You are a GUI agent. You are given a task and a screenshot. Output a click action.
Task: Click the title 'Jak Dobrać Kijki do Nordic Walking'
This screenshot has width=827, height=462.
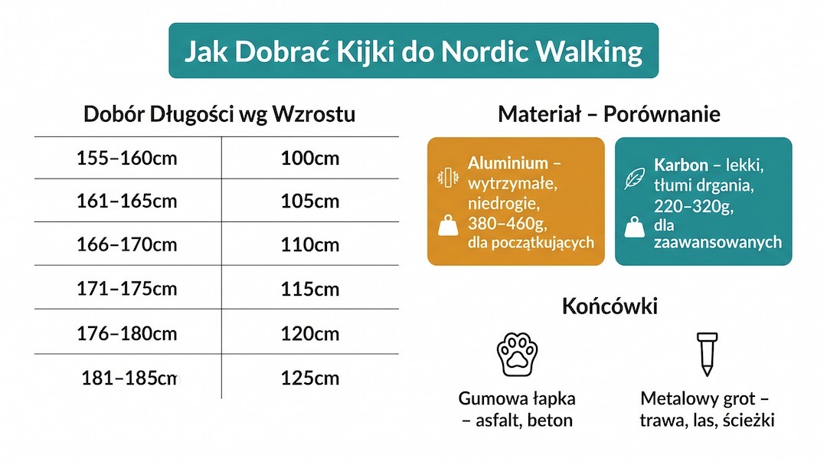[x=413, y=51]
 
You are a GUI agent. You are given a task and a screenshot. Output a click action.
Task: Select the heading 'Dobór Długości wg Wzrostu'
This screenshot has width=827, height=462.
[x=219, y=115]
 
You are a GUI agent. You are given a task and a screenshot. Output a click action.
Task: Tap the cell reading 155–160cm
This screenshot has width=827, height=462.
[x=127, y=159]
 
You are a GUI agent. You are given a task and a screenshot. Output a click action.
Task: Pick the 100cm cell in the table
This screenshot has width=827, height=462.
[x=310, y=159]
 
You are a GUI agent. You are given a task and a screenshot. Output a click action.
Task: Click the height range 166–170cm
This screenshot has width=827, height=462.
[x=127, y=245]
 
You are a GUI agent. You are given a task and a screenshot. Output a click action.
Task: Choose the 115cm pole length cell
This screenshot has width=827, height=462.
[x=310, y=290]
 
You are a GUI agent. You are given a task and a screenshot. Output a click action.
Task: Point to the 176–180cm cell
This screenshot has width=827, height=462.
[x=127, y=334]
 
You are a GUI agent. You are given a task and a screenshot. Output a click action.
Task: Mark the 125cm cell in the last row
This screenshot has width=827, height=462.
[x=310, y=378]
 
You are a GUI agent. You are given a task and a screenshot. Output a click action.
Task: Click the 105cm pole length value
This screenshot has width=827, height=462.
[x=310, y=202]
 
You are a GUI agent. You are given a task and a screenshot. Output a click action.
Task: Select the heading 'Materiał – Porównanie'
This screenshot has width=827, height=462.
[x=609, y=115]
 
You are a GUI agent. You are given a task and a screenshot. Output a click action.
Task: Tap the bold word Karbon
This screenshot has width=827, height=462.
[x=681, y=165]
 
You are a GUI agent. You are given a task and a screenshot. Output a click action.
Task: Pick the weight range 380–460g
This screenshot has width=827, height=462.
[x=506, y=223]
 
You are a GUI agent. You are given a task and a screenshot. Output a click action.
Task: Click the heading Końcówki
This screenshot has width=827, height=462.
[x=610, y=306]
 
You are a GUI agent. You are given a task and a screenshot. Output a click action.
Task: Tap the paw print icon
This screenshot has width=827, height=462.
[x=517, y=354]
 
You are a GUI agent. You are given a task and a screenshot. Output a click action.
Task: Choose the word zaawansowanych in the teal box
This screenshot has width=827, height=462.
[x=717, y=242]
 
